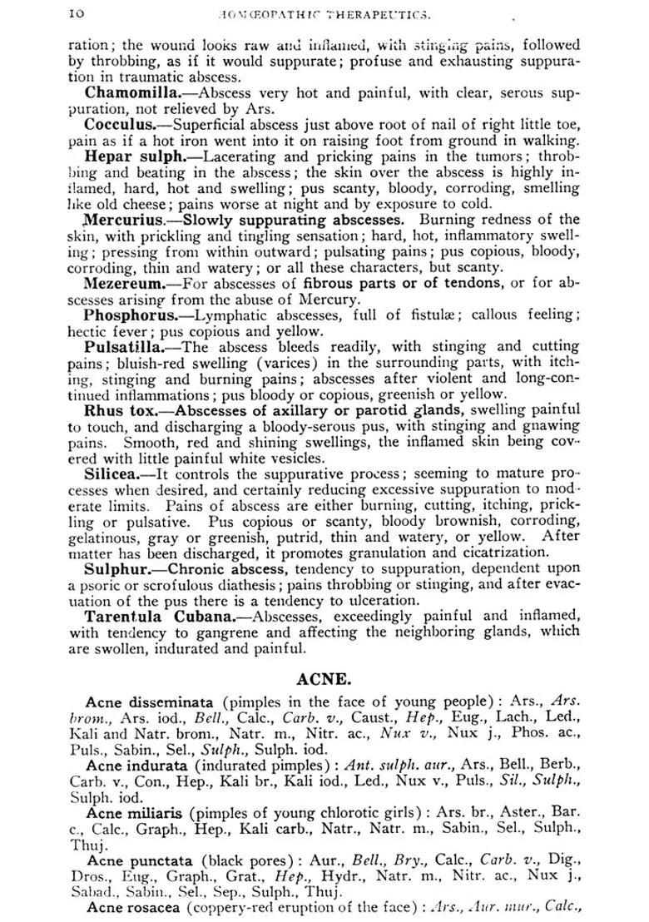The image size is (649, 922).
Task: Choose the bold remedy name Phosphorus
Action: (130, 315)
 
